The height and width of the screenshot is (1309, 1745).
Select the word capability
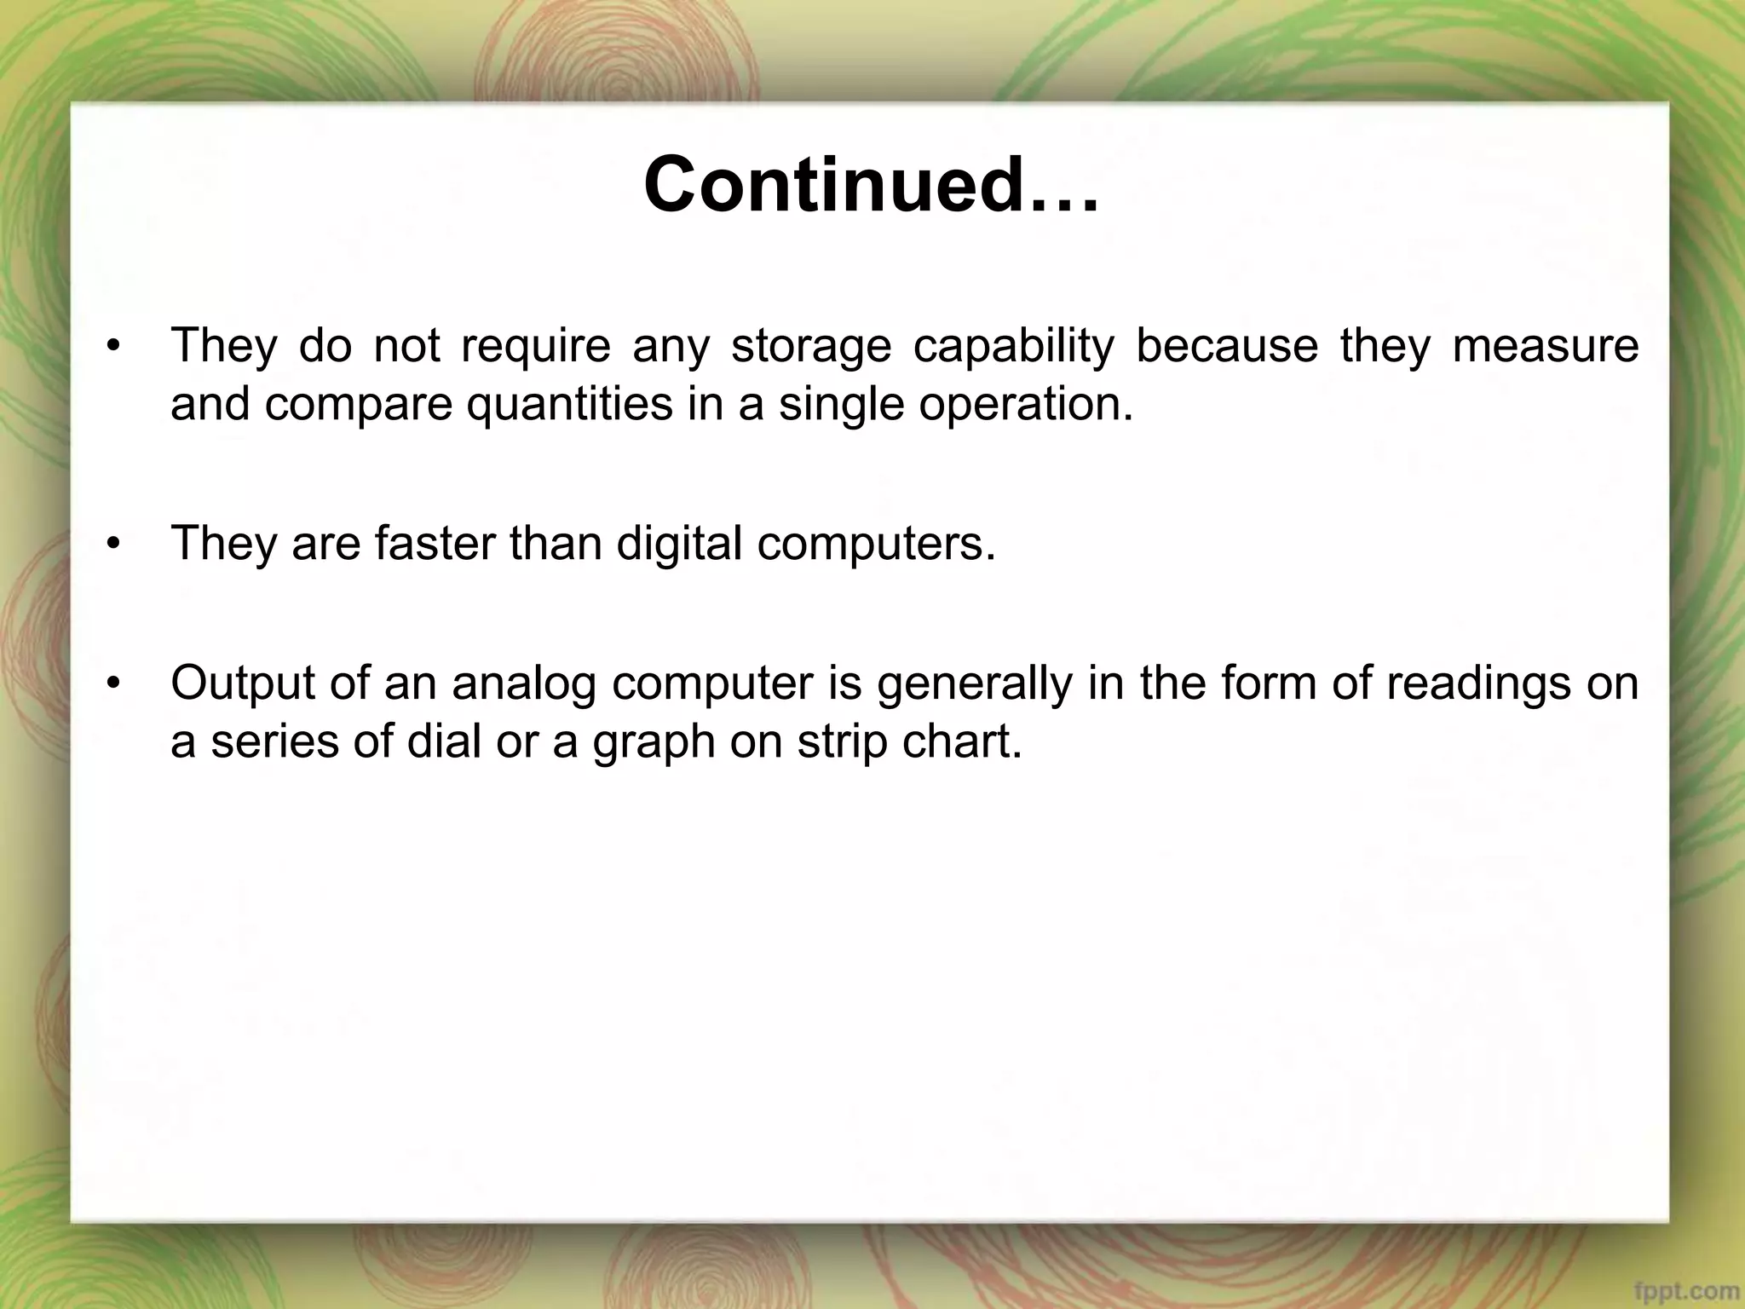pos(1014,347)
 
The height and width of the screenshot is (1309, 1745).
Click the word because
pos(1227,345)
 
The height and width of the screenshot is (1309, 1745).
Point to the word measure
pos(1545,345)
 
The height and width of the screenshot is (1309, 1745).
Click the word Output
pos(244,683)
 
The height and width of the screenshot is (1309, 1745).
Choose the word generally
pos(974,684)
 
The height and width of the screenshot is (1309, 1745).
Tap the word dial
pos(442,741)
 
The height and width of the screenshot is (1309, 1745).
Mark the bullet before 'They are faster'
pos(114,544)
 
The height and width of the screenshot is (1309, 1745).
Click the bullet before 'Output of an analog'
pos(114,684)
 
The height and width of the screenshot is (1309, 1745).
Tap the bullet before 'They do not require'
pos(114,347)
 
